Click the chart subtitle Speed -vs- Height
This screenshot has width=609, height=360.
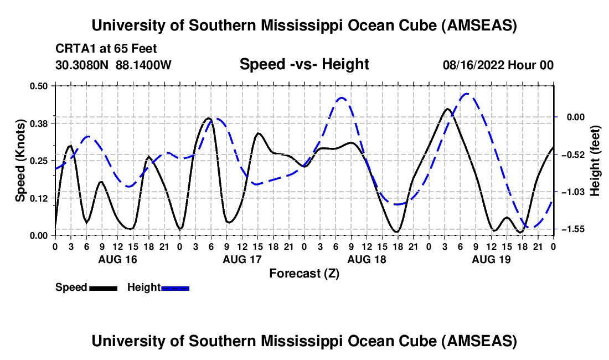(x=304, y=64)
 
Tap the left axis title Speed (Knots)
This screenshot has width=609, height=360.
(x=20, y=160)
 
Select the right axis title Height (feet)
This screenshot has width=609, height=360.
(x=595, y=161)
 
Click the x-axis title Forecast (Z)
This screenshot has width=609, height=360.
(x=304, y=273)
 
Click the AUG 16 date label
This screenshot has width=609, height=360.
(x=117, y=259)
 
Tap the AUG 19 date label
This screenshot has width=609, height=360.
(x=491, y=259)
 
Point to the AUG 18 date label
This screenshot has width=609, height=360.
(x=367, y=259)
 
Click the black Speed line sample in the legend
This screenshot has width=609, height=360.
(x=103, y=288)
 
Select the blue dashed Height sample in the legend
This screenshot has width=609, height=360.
(x=175, y=288)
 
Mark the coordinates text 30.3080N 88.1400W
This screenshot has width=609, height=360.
(x=113, y=65)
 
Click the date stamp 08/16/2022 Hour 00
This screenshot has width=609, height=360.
(x=498, y=65)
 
